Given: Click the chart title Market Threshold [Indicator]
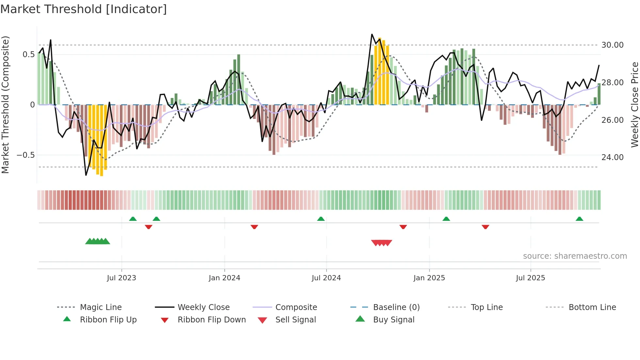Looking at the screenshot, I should pyautogui.click(x=84, y=9).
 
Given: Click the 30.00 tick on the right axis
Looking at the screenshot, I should pyautogui.click(x=612, y=45).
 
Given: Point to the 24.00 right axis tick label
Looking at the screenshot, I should pyautogui.click(x=612, y=157).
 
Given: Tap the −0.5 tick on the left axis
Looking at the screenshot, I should pyautogui.click(x=26, y=155).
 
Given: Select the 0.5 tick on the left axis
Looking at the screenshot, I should pyautogui.click(x=28, y=55).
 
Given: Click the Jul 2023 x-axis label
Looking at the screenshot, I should pyautogui.click(x=121, y=278).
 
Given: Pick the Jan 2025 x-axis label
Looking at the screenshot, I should pyautogui.click(x=429, y=278).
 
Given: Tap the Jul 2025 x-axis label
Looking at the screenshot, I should pyautogui.click(x=530, y=278).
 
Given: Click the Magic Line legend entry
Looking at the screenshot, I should pyautogui.click(x=101, y=307).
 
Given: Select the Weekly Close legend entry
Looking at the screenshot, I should pyautogui.click(x=203, y=307).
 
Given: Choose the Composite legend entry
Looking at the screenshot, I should pyautogui.click(x=296, y=307).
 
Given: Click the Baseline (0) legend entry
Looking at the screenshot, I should pyautogui.click(x=396, y=307).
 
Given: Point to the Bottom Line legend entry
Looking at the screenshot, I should pyautogui.click(x=592, y=307).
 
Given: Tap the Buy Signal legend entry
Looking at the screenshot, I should pyautogui.click(x=393, y=320).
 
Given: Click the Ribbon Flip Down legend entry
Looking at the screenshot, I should pyautogui.click(x=212, y=320).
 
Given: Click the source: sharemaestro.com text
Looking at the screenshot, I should pyautogui.click(x=575, y=256).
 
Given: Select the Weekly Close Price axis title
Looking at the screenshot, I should pyautogui.click(x=634, y=105).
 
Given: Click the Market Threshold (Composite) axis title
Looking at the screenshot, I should pyautogui.click(x=5, y=105).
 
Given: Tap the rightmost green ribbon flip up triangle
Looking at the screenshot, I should pyautogui.click(x=579, y=219).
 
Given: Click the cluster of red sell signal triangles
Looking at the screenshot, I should pyautogui.click(x=381, y=243).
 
